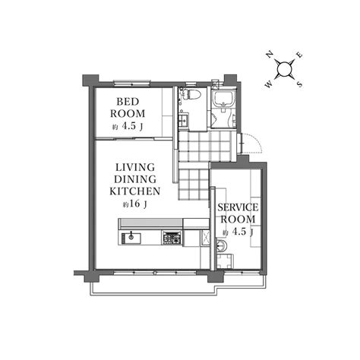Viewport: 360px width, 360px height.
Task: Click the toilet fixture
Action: pyautogui.click(x=191, y=94)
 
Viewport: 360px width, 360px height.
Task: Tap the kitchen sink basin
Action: pyautogui.click(x=131, y=238)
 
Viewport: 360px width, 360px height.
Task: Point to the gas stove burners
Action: pyautogui.click(x=172, y=238)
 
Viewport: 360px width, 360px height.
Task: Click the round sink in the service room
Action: pyautogui.click(x=221, y=245)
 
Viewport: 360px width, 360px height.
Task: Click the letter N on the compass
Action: pyautogui.click(x=270, y=55)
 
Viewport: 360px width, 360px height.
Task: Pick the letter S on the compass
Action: pyautogui.click(x=299, y=84)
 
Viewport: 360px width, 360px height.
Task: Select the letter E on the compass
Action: pyautogui.click(x=299, y=55)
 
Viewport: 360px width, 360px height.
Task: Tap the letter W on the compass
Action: pyautogui.click(x=269, y=84)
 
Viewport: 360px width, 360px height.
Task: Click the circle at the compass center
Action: pyautogui.click(x=284, y=69)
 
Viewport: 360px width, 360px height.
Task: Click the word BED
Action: pyautogui.click(x=128, y=102)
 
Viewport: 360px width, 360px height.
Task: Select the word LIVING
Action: pyautogui.click(x=135, y=167)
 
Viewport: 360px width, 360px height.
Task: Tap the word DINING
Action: pyautogui.click(x=135, y=179)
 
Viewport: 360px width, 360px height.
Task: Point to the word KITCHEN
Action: pyautogui.click(x=135, y=191)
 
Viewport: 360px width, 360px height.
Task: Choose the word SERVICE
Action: pyautogui.click(x=238, y=207)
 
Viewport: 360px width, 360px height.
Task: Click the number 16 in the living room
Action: pyautogui.click(x=134, y=204)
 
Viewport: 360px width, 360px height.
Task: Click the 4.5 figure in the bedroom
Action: pyautogui.click(x=129, y=126)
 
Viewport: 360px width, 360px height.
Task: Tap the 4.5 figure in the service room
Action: pyautogui.click(x=239, y=232)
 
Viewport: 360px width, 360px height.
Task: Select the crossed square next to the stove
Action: pyautogui.click(x=205, y=238)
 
